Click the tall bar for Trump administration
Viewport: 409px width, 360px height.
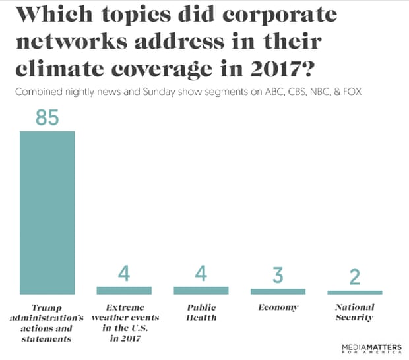coord(47,212)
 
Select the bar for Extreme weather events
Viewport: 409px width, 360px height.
coord(124,290)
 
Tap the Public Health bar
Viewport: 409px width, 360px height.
coord(201,290)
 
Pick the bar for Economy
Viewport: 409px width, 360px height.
coord(278,291)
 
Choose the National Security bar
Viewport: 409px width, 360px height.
coord(355,292)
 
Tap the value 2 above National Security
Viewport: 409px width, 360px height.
coord(355,277)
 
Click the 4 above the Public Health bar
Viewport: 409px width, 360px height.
coord(201,273)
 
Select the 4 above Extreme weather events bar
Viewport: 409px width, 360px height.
coord(124,273)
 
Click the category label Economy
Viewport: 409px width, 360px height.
coord(278,307)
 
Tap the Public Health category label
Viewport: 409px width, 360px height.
coord(201,313)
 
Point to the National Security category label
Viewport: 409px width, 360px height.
coord(355,313)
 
